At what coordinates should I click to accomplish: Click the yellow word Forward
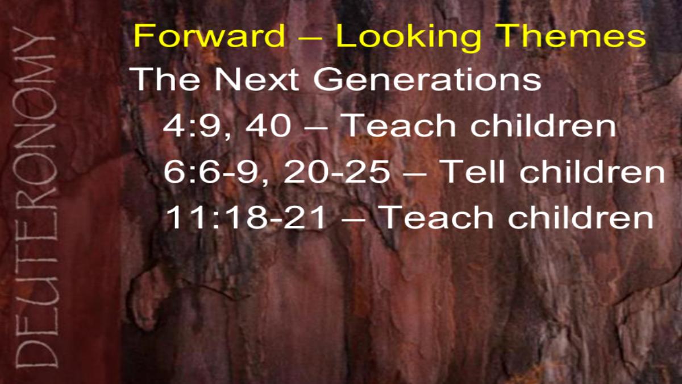(209, 35)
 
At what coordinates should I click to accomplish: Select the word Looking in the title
(408, 38)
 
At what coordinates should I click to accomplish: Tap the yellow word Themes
(571, 35)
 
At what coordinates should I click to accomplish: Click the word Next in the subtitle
(256, 79)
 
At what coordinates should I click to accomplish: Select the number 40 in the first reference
(268, 125)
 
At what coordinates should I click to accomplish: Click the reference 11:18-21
(246, 217)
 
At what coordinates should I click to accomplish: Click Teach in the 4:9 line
(400, 125)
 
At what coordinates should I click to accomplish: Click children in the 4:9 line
(543, 125)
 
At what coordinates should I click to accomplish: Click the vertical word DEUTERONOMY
(36, 197)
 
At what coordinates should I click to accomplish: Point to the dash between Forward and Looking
(310, 38)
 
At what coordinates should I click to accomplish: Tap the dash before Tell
(415, 174)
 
